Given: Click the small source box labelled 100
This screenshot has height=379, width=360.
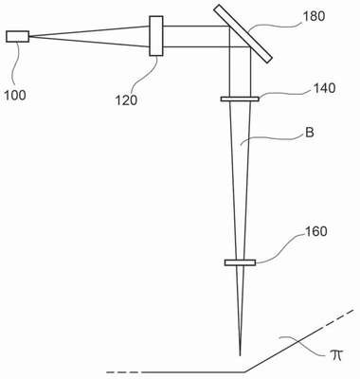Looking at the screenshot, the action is tap(17, 36).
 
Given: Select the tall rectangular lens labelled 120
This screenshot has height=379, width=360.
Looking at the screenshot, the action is tap(156, 36).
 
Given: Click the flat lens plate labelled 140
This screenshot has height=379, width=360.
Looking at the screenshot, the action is tap(240, 99).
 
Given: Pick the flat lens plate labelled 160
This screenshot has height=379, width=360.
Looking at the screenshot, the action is tap(240, 262).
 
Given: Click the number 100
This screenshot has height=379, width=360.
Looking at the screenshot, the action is tap(15, 95).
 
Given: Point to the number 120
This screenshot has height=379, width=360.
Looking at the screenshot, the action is tap(126, 100).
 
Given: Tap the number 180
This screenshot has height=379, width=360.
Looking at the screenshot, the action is tap(314, 16).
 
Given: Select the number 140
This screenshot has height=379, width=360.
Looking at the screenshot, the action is tap(324, 88).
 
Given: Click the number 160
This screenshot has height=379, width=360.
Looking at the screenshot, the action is tap(315, 231).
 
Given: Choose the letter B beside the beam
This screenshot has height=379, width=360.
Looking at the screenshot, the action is tap(310, 133).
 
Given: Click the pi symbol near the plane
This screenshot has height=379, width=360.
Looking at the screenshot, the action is tap(334, 356).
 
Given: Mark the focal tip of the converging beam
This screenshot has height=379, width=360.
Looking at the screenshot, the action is tap(240, 356).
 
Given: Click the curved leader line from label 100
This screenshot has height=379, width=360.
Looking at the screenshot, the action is tap(15, 64).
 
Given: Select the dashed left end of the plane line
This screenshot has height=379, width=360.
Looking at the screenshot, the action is tap(124, 372).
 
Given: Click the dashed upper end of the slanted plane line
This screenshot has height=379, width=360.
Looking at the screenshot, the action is tap(338, 319).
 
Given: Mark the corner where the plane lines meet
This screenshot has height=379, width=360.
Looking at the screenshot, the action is tap(244, 372).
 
